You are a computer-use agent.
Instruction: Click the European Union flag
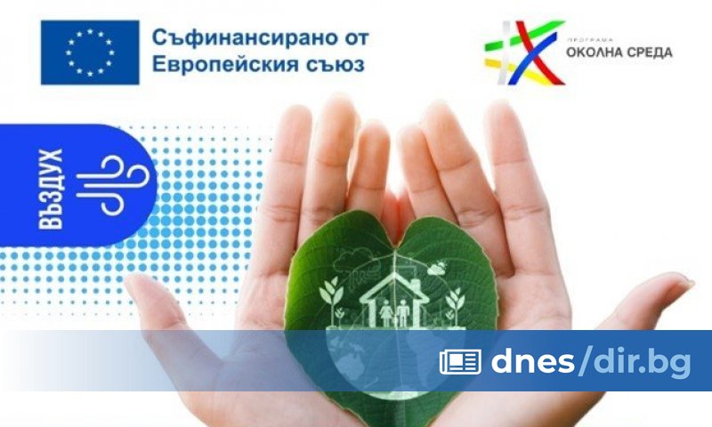(90, 52)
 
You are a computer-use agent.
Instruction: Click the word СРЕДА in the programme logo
(648, 52)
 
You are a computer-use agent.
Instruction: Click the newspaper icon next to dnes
(460, 361)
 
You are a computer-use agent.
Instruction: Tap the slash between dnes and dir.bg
(584, 360)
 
